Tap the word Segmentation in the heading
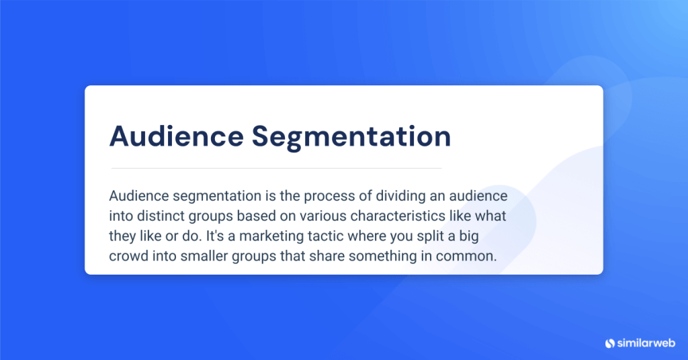[351, 136]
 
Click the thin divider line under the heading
[276, 168]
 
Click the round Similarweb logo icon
[610, 343]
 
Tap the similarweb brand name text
[646, 343]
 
